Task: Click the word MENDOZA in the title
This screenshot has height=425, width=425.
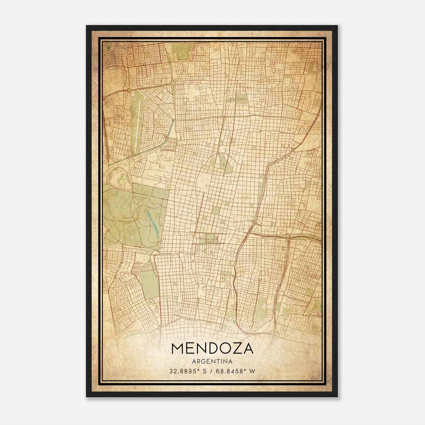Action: click(212, 348)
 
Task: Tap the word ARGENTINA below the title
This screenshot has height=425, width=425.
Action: click(212, 362)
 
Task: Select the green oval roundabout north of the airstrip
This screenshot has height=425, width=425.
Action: click(129, 91)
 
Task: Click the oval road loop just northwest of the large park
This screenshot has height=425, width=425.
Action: click(120, 178)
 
